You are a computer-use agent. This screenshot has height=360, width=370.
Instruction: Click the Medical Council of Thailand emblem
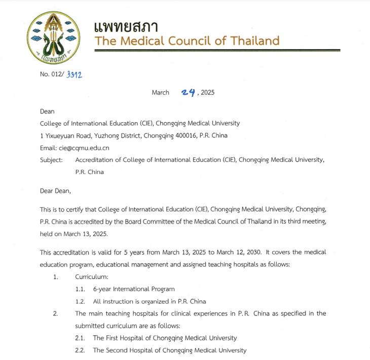click(x=50, y=41)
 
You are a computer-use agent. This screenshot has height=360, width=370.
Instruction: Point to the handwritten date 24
click(x=189, y=92)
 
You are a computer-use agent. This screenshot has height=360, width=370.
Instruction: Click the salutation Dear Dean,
click(x=56, y=191)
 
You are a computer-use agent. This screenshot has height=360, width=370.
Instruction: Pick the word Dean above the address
click(x=47, y=111)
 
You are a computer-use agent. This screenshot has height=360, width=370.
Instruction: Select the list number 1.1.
click(x=81, y=289)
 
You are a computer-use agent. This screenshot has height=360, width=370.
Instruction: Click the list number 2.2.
click(x=81, y=350)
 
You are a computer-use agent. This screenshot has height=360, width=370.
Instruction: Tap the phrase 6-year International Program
click(x=134, y=289)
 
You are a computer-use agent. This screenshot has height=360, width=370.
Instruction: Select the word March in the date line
click(x=161, y=92)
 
